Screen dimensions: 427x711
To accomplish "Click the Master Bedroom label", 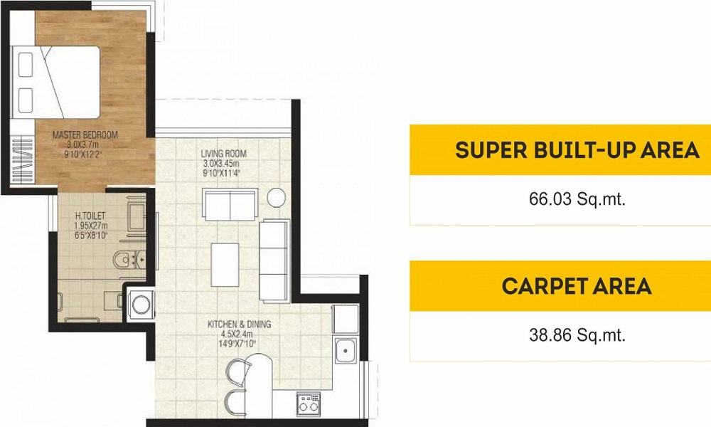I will [x=86, y=134].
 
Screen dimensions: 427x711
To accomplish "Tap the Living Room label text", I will [x=223, y=153].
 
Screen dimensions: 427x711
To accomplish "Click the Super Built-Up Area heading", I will [x=577, y=150].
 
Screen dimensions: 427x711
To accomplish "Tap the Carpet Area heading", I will [x=577, y=286].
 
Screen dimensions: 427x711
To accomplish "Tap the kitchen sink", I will [x=346, y=349].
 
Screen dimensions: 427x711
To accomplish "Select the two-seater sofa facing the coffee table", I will [x=230, y=205].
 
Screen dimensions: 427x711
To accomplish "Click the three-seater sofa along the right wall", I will [x=274, y=259].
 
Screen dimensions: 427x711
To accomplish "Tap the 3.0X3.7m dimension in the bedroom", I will [x=85, y=143].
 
